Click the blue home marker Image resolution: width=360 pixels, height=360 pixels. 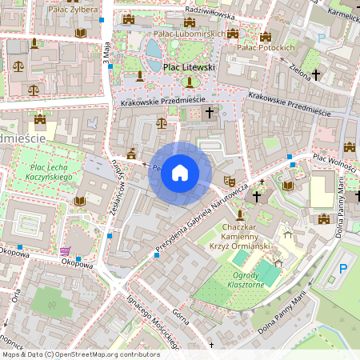[180, 173]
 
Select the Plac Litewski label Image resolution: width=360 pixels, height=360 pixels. [189, 68]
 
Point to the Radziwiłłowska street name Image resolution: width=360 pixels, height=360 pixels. [209, 13]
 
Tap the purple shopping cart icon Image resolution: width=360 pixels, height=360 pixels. [64, 251]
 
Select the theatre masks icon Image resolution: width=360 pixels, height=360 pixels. [229, 181]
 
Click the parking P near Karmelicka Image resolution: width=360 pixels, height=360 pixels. [322, 38]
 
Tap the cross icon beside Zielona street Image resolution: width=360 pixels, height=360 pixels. [316, 74]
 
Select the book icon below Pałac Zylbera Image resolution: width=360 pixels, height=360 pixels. [79, 33]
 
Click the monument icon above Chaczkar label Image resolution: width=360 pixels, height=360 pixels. [238, 215]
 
